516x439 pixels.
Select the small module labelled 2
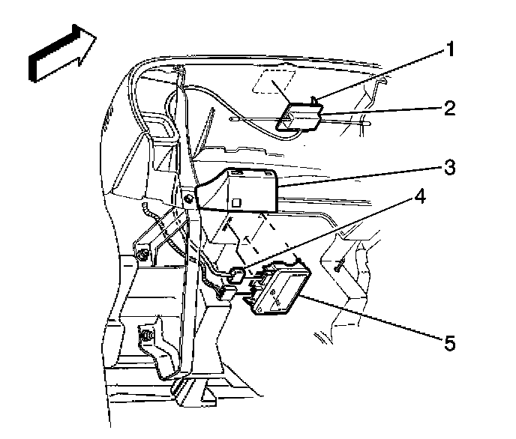(300, 117)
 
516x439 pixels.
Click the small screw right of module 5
(340, 263)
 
